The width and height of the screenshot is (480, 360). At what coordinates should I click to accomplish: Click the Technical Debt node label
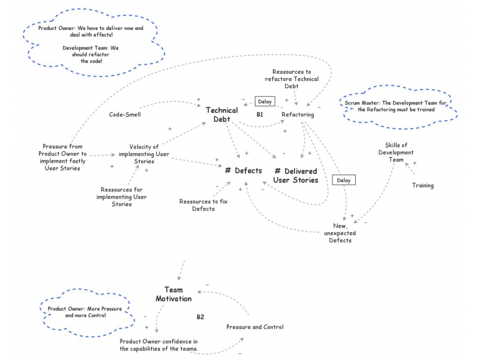tap(222, 115)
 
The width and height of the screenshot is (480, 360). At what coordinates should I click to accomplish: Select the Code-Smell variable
tap(125, 114)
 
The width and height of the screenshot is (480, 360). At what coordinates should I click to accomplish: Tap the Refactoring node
tap(298, 114)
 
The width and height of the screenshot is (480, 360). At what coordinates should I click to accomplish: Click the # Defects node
tap(244, 171)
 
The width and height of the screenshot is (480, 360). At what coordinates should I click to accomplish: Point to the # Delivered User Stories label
tap(296, 175)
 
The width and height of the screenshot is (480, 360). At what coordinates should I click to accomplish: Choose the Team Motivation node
tap(174, 294)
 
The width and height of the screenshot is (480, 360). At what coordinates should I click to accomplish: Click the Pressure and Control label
tap(255, 327)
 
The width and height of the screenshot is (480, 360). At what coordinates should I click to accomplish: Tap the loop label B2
tap(201, 316)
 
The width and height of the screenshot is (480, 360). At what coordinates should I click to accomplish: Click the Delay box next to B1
tap(264, 101)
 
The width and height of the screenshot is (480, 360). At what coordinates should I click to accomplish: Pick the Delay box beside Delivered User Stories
tap(343, 180)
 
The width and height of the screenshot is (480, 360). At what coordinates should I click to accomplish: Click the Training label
tap(422, 185)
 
